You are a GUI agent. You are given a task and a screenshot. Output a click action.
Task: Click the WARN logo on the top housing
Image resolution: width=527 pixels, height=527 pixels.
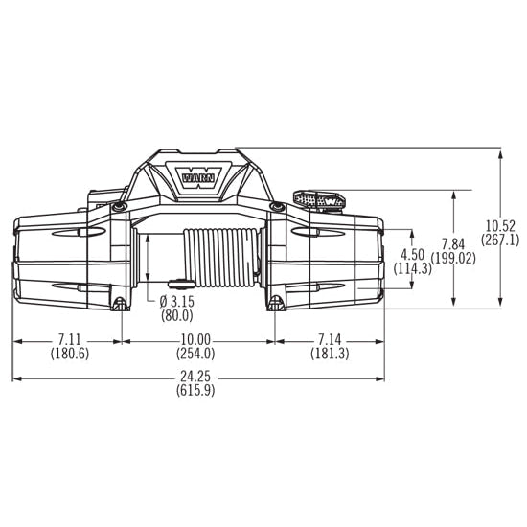[198, 178]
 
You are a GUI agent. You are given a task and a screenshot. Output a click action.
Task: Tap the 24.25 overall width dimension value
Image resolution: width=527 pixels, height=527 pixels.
[195, 377]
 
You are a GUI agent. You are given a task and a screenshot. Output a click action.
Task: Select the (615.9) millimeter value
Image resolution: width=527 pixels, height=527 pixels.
[195, 391]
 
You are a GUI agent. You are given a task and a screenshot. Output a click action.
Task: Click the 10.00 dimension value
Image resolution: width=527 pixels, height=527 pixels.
[195, 339]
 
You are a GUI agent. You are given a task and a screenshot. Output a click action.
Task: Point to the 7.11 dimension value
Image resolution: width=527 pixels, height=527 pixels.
[70, 339]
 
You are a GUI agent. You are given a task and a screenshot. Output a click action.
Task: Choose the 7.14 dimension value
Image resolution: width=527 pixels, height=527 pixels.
[330, 339]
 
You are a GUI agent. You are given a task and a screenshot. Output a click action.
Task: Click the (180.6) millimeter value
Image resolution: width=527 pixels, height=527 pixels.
[70, 354]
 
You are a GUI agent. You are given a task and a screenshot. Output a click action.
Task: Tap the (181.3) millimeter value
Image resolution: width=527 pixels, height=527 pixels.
[330, 354]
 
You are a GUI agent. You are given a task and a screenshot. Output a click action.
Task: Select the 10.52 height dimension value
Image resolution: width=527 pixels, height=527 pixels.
[500, 225]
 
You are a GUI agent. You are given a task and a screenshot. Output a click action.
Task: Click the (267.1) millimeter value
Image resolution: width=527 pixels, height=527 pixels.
[500, 240]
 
